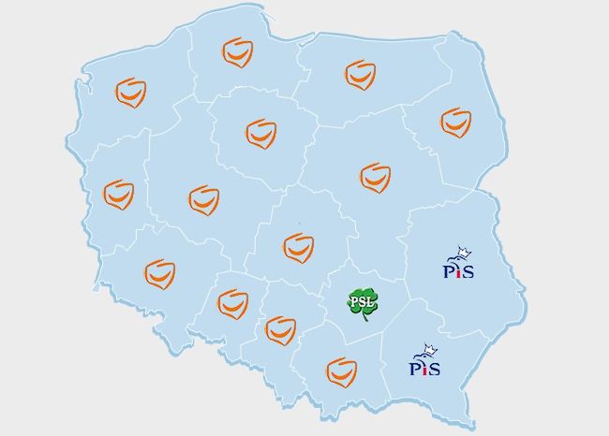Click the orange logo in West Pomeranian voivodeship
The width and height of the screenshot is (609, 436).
tap(130, 93)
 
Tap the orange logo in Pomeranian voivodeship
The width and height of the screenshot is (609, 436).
tap(237, 52)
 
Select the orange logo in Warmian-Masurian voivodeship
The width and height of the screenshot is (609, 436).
tap(360, 75)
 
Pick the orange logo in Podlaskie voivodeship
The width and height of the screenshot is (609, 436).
tap(456, 122)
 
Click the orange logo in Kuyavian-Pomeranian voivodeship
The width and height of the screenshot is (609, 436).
tap(260, 133)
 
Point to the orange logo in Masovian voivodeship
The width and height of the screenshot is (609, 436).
tap(375, 177)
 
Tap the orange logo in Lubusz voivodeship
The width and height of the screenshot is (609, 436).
tap(119, 195)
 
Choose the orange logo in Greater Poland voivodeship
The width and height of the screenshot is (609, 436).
tap(203, 199)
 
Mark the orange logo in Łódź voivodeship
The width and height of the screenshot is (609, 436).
tap(298, 246)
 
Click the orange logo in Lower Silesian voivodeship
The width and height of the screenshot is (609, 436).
tap(159, 274)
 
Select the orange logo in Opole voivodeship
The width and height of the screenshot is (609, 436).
tap(232, 303)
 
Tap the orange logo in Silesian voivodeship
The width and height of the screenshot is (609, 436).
tap(280, 329)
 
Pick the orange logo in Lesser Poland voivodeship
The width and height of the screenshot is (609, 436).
tap(341, 371)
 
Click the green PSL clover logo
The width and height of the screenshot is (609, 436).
tap(363, 302)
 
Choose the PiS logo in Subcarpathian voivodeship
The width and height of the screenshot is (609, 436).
tap(425, 361)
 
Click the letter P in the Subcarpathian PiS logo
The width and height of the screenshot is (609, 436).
tap(415, 368)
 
